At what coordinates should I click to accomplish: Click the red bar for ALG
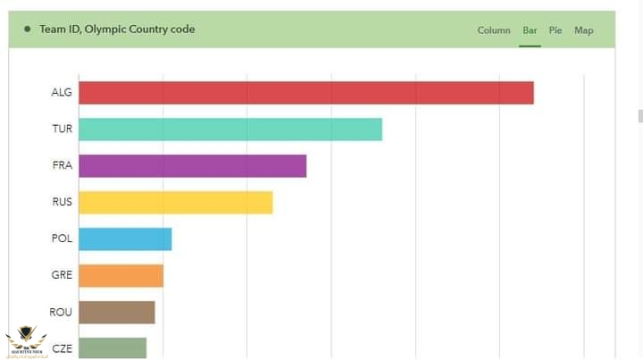point(305,93)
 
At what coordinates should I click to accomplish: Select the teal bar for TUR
point(230,130)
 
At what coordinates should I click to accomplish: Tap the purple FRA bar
point(192,166)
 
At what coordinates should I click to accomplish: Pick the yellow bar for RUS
point(175,203)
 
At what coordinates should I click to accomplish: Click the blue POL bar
point(125,239)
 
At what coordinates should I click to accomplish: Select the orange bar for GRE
point(121,276)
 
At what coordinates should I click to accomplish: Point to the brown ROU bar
point(116,313)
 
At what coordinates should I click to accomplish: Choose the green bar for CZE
point(113,347)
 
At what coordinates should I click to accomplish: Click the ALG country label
point(62,93)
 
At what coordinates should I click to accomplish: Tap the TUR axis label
point(62,130)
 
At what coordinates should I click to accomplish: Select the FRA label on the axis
point(62,166)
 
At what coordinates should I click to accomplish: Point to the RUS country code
point(62,203)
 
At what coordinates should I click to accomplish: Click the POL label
point(62,239)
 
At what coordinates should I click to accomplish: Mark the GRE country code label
point(62,276)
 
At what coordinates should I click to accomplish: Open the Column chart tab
point(494,30)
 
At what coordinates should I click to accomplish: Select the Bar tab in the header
point(530,30)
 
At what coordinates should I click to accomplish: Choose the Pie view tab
point(555,30)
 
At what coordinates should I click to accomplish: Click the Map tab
point(583,30)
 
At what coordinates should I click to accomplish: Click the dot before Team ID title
point(28,29)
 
